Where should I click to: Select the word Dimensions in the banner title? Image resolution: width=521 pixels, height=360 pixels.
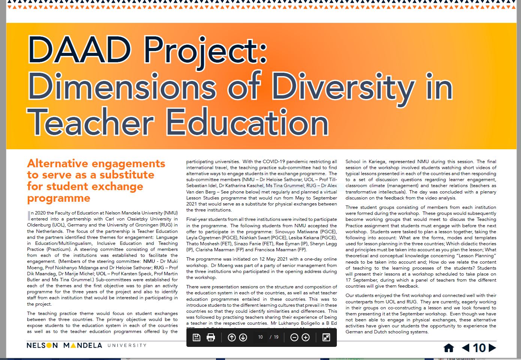(122, 87)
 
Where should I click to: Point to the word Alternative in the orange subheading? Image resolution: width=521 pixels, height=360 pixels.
(58, 163)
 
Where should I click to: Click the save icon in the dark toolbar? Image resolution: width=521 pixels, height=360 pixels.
(196, 337)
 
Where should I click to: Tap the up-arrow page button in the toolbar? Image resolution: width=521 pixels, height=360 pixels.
(232, 337)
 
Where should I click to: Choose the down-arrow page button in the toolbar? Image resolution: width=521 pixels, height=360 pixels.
(243, 337)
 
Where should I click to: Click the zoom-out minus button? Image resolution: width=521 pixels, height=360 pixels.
(294, 337)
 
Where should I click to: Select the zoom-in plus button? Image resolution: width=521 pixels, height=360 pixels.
(306, 337)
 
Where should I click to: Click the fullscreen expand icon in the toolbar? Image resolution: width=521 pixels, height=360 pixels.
(326, 337)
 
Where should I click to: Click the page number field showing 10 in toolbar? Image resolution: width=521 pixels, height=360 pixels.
(260, 337)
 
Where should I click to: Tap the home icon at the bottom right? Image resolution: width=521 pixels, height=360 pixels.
(449, 348)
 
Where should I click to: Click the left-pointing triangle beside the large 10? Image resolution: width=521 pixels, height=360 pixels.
(465, 348)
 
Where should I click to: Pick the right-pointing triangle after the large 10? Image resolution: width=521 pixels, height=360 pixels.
(492, 348)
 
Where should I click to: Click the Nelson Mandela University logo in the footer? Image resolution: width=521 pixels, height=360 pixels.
(86, 345)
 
